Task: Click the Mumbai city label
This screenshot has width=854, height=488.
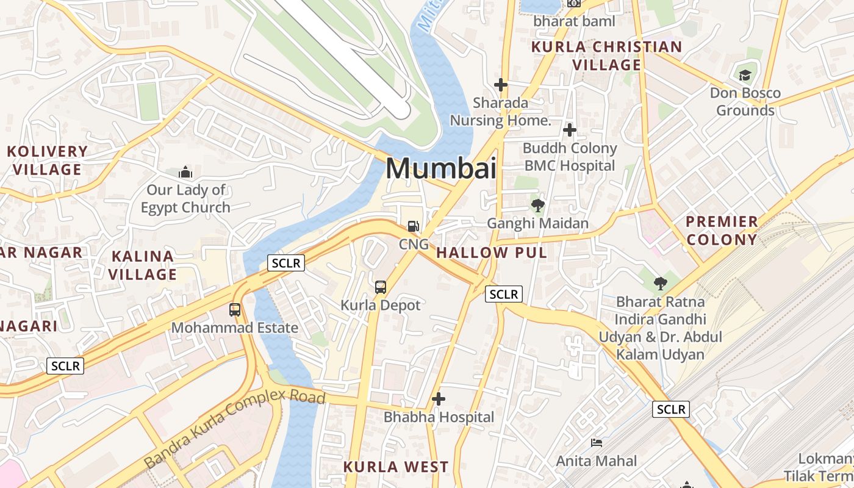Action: [441, 168]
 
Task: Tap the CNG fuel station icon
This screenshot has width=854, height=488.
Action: [414, 226]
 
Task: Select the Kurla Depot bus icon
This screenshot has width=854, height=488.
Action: [381, 287]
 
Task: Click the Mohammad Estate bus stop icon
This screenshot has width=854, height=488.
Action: [235, 309]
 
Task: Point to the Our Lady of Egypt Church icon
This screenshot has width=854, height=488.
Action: [185, 173]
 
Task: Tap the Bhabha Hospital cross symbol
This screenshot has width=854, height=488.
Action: [439, 400]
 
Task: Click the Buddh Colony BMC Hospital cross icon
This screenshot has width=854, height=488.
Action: [570, 130]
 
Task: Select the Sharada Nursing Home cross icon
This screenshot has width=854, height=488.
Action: [501, 85]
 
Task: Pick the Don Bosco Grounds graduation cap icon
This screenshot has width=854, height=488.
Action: [745, 76]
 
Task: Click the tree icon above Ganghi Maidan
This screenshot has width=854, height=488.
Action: [537, 205]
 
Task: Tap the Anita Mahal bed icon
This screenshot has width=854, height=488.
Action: [597, 443]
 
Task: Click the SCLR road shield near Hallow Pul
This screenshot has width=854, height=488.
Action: [504, 294]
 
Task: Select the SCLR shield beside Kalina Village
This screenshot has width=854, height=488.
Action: [286, 263]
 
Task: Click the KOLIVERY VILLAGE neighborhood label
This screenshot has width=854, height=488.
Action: [48, 160]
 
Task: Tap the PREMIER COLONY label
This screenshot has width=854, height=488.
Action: [722, 230]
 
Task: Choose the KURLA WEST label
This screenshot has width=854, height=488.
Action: [396, 467]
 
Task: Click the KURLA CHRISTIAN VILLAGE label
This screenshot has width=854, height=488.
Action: [606, 56]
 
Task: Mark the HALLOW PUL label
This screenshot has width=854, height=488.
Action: [492, 253]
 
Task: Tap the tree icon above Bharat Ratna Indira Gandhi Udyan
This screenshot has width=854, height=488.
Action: [660, 283]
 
